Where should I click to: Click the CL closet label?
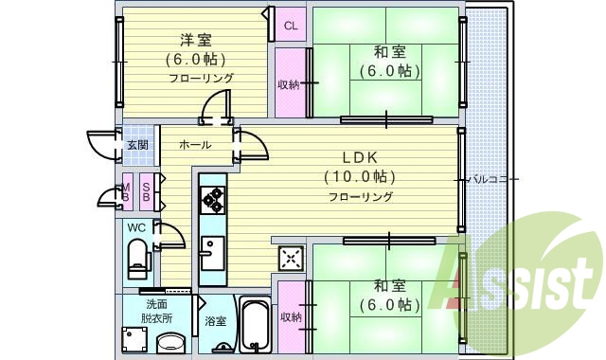pyautogui.click(x=291, y=26)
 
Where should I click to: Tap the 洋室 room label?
pyautogui.click(x=196, y=40)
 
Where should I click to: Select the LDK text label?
pyautogui.click(x=360, y=157)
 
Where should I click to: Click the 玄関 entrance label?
pyautogui.click(x=138, y=145)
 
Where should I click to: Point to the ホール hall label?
pyautogui.click(x=195, y=145)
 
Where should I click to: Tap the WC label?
pyautogui.click(x=136, y=227)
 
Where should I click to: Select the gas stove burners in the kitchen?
pyautogui.click(x=212, y=200)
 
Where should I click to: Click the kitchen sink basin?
pyautogui.click(x=212, y=253)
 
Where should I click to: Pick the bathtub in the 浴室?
pyautogui.click(x=256, y=324)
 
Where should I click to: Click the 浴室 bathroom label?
pyautogui.click(x=215, y=321)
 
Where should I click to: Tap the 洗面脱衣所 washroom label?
pyautogui.click(x=156, y=312)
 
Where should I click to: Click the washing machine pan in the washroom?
pyautogui.click(x=134, y=340)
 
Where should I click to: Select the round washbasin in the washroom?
pyautogui.click(x=171, y=343)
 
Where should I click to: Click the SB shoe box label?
pyautogui.click(x=146, y=191)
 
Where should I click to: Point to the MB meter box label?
pyautogui.click(x=126, y=192)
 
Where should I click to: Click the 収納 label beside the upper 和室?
pyautogui.click(x=289, y=84)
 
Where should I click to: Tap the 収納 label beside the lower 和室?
pyautogui.click(x=291, y=317)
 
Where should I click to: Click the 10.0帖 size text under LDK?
pyautogui.click(x=360, y=177)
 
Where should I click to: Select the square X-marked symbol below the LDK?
pyautogui.click(x=291, y=258)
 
